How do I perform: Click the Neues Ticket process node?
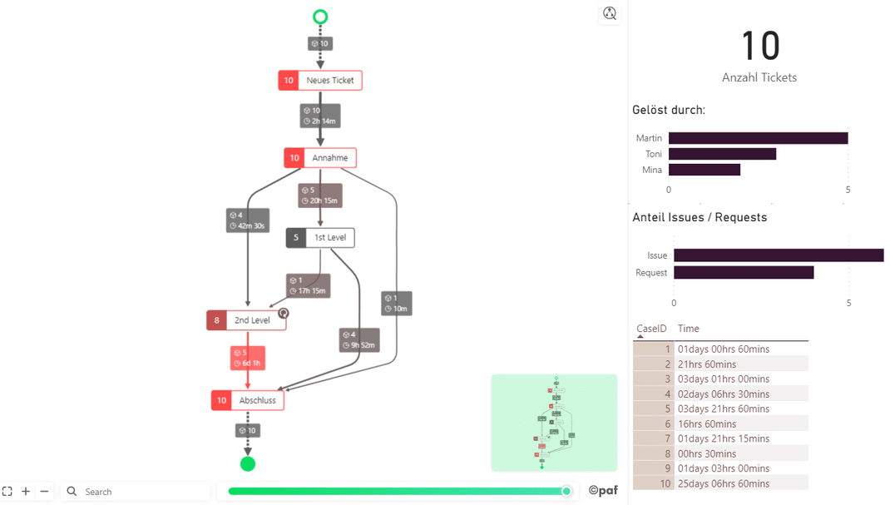click(320, 81)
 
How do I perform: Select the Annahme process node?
click(320, 158)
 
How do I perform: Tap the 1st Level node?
click(320, 238)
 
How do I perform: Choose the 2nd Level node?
click(246, 320)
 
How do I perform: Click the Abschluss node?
click(248, 400)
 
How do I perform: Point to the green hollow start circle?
click(320, 17)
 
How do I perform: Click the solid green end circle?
click(248, 463)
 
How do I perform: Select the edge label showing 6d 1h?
click(248, 358)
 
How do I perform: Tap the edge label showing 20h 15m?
click(320, 196)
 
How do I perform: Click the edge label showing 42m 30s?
click(248, 220)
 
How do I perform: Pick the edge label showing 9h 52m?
click(359, 340)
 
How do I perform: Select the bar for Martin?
click(758, 138)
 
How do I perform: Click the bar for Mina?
click(704, 170)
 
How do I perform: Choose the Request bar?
click(743, 273)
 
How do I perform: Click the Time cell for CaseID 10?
click(723, 483)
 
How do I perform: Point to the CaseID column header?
click(651, 329)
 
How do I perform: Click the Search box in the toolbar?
click(137, 492)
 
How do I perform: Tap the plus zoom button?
click(26, 492)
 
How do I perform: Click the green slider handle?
click(566, 491)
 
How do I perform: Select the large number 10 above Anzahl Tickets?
click(759, 46)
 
